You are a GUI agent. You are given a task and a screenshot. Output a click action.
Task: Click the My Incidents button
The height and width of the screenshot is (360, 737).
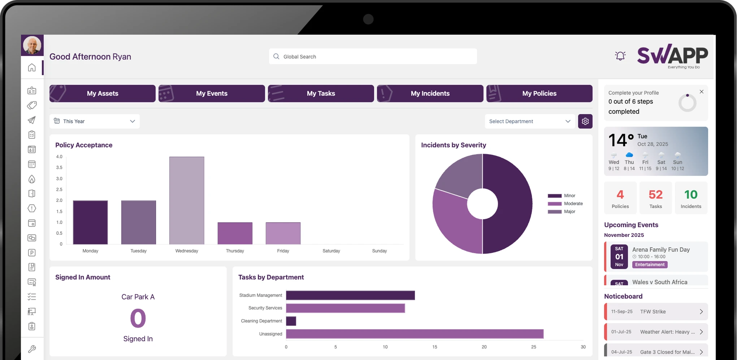point(430,94)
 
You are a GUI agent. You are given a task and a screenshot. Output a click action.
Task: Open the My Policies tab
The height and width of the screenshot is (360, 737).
point(539,94)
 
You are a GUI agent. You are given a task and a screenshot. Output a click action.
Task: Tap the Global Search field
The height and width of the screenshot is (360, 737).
point(373,57)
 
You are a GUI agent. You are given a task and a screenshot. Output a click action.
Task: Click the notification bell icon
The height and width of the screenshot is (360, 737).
point(620,56)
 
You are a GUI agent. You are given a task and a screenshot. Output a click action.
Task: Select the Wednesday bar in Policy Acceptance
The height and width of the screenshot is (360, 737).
point(187,200)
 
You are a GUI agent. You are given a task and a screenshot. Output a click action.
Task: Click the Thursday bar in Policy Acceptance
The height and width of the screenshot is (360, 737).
point(235,233)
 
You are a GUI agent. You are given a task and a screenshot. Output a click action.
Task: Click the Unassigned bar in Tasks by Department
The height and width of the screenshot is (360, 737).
point(415,334)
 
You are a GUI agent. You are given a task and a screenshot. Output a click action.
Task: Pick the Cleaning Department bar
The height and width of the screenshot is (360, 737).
point(291,321)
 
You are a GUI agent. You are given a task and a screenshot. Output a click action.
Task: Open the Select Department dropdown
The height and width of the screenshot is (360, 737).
point(529,121)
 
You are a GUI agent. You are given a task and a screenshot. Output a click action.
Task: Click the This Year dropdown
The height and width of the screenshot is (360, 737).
point(95,121)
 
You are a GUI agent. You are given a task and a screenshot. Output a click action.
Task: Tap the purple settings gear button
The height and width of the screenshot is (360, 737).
point(585,121)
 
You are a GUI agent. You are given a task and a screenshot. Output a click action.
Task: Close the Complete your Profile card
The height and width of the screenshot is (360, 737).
point(701,92)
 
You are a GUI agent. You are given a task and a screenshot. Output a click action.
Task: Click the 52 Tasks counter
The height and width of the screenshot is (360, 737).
point(655,198)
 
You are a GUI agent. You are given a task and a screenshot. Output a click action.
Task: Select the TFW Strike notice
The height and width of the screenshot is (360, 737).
point(656,312)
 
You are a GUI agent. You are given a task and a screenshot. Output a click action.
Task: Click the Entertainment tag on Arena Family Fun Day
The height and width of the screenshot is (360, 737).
point(650,265)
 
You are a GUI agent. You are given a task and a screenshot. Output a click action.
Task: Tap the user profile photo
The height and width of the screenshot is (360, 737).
point(32,45)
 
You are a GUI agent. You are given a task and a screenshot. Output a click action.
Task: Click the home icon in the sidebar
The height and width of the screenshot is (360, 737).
point(32,68)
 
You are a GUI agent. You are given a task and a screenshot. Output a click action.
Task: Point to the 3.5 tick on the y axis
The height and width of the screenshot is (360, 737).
point(59,168)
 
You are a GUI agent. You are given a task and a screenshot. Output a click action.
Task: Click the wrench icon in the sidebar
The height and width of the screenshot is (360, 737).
point(32,349)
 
